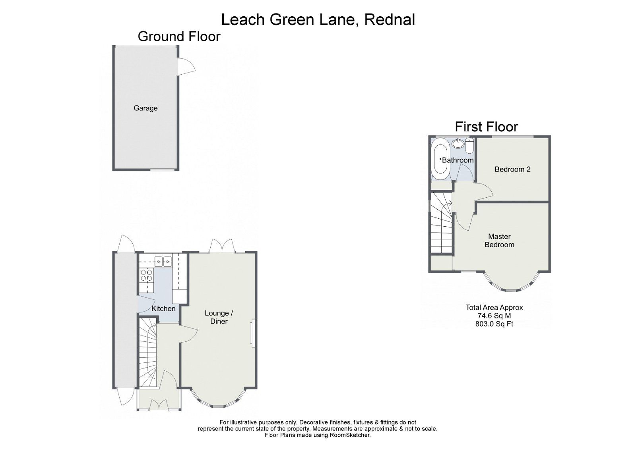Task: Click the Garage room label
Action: pyautogui.click(x=145, y=108)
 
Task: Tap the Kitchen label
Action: pyautogui.click(x=163, y=308)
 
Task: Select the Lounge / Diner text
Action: pyautogui.click(x=219, y=317)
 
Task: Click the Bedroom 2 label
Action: pyautogui.click(x=512, y=169)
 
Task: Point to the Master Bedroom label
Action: pyautogui.click(x=499, y=241)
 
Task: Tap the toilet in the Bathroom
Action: pyautogui.click(x=469, y=146)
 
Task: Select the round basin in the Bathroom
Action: pyautogui.click(x=458, y=143)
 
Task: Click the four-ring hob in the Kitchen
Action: pyautogui.click(x=146, y=275)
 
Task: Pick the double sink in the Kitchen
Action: pyautogui.click(x=163, y=261)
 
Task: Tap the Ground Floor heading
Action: pyautogui.click(x=179, y=37)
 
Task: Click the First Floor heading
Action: pyautogui.click(x=486, y=127)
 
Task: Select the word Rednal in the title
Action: pyautogui.click(x=390, y=19)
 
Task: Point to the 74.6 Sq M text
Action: pyautogui.click(x=494, y=316)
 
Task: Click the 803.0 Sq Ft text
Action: pyautogui.click(x=494, y=324)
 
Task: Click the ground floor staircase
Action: pyautogui.click(x=147, y=353)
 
